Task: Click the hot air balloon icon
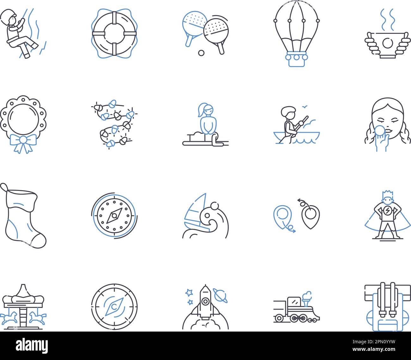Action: [297, 32]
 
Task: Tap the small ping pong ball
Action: [201, 53]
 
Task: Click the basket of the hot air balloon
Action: [296, 60]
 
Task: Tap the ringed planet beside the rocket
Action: [220, 294]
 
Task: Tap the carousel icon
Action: [23, 307]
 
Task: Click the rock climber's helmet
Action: [8, 14]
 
